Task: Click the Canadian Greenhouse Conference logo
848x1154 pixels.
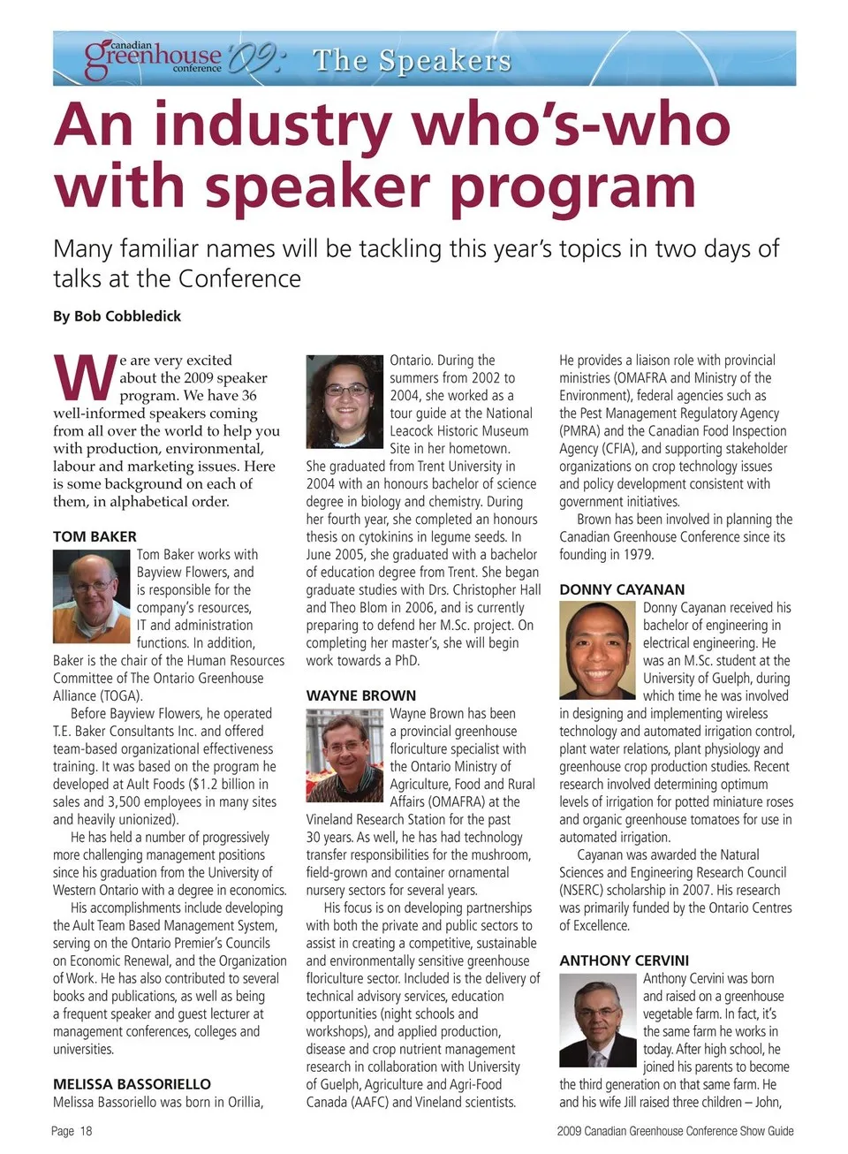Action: pos(154,57)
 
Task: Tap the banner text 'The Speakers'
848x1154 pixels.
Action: pos(412,60)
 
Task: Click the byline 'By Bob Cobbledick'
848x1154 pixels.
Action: pos(117,316)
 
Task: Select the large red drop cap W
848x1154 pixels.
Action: pos(84,379)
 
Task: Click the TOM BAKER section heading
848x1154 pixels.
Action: pos(95,536)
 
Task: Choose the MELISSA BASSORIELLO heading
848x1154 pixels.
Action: pos(132,1084)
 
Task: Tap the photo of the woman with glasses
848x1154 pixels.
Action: pos(344,400)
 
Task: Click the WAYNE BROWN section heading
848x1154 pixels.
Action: pos(360,695)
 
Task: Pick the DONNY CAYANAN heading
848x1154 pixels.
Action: pos(621,589)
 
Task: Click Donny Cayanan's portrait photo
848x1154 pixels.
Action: pos(597,649)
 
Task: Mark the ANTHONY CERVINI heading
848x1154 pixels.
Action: pos(624,960)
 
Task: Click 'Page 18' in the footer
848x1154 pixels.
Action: pos(72,1131)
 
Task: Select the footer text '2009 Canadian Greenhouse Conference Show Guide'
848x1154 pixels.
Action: pos(675,1131)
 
